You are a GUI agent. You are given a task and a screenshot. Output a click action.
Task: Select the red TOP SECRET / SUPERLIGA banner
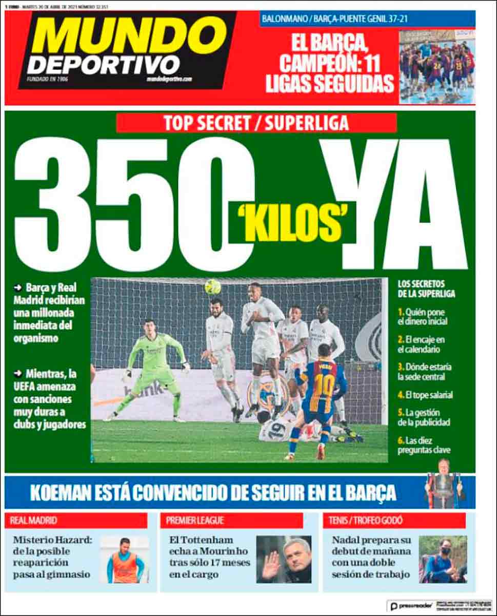[256, 123]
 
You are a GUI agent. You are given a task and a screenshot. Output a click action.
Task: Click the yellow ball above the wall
[212, 286]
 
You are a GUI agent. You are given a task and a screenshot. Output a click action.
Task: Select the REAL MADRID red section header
[77, 521]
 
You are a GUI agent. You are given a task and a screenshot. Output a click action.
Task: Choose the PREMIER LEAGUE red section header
[231, 521]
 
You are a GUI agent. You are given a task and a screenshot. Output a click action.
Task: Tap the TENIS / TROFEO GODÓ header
[394, 521]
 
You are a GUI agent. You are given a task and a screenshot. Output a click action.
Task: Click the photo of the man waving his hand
[284, 560]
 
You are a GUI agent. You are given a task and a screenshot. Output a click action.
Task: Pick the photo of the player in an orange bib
[125, 560]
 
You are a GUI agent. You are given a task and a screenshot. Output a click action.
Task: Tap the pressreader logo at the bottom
[412, 606]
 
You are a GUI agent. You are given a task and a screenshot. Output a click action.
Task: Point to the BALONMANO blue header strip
[367, 18]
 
